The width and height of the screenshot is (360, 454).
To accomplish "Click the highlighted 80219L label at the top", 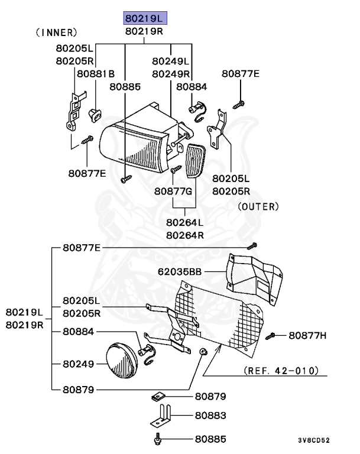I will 144,18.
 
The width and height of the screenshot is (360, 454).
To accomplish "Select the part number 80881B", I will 95,73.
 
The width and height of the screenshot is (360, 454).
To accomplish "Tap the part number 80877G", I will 173,192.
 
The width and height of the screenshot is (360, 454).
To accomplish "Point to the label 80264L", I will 184,223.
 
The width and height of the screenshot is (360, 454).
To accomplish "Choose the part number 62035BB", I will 180,272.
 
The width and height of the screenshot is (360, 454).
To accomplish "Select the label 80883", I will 210,416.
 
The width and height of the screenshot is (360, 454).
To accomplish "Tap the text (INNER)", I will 56,32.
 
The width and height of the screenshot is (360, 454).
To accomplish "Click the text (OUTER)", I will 258,206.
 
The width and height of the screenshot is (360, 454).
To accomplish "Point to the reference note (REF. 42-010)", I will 281,371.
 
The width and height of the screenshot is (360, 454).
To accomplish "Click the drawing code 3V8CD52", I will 313,440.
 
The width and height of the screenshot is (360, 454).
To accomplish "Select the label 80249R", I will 170,74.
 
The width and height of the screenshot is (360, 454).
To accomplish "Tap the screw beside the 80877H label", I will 272,336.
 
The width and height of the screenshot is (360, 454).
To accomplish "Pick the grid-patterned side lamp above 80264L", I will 192,157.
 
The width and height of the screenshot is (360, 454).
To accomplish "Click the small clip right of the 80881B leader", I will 93,114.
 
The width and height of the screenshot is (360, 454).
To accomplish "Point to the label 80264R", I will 184,234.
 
